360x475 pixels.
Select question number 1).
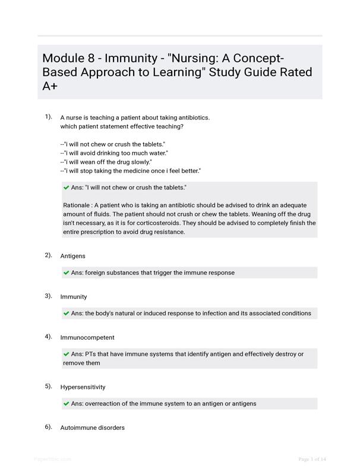[x=48, y=117]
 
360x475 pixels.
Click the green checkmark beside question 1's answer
[x=66, y=188]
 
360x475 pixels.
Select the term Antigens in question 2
[x=72, y=256]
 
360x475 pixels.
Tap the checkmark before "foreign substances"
[x=66, y=273]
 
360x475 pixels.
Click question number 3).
[x=48, y=296]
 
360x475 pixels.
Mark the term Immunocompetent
[x=87, y=337]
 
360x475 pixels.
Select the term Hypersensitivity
[x=83, y=387]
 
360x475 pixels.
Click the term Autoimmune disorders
[x=92, y=427]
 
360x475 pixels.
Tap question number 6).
[x=48, y=427]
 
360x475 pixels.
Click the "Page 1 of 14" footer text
[x=312, y=459]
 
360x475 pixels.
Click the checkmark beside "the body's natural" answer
[x=66, y=313]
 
